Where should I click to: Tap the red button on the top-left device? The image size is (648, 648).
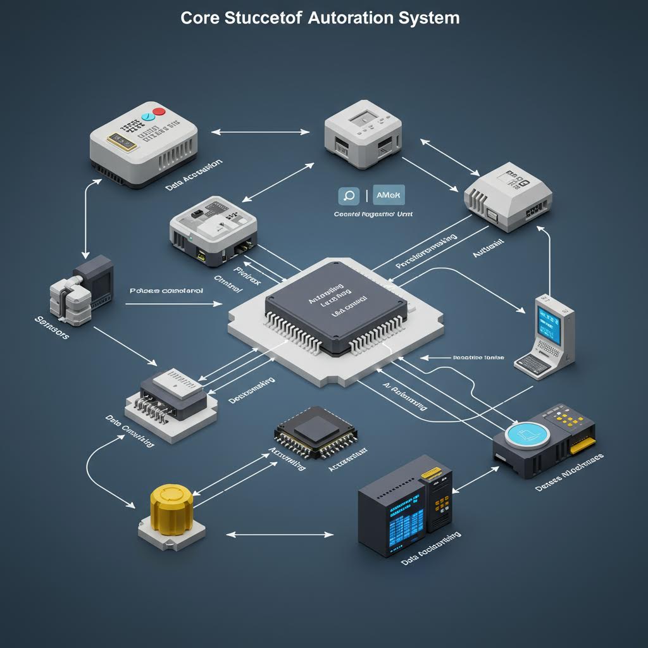[159, 111]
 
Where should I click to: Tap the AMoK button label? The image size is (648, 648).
[389, 196]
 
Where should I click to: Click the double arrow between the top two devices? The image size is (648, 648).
[261, 132]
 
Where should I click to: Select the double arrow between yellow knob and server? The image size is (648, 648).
[279, 535]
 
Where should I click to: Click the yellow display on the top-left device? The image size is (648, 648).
[121, 141]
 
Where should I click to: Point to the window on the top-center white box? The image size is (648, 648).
[364, 118]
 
